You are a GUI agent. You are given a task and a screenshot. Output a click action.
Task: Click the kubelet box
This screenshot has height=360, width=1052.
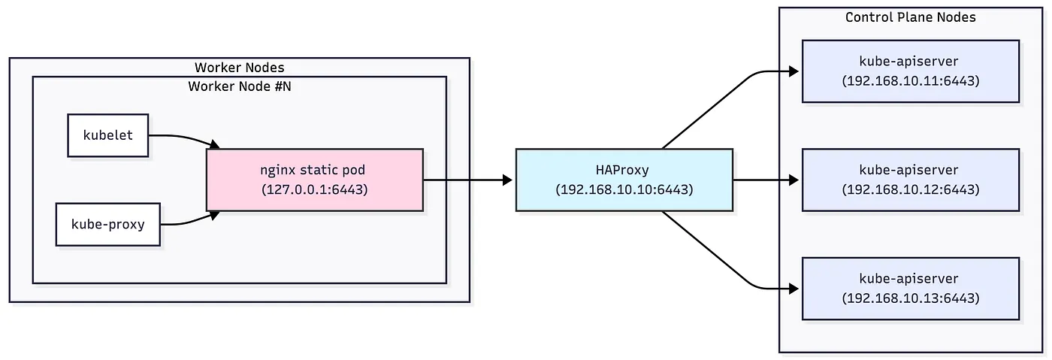(108, 136)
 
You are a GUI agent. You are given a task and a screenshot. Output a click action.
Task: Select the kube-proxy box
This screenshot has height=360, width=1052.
(108, 224)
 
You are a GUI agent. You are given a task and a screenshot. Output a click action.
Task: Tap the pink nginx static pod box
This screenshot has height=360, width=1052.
(315, 180)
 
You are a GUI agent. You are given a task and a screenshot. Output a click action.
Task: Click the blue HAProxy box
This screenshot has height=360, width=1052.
(624, 180)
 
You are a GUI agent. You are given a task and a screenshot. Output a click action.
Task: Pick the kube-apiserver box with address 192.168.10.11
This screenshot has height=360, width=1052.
(911, 71)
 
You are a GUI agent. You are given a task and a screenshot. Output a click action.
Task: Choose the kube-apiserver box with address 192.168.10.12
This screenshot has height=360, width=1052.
(911, 180)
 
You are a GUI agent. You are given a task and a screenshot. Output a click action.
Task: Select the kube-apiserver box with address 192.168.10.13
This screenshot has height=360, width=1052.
(911, 288)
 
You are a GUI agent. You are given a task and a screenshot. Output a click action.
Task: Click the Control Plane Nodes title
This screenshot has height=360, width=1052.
(911, 17)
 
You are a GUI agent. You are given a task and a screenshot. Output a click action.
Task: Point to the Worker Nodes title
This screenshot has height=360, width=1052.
(239, 68)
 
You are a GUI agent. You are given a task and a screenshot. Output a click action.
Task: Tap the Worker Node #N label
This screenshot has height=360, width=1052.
(239, 86)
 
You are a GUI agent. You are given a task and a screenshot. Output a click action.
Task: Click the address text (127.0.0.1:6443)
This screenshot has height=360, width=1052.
(315, 189)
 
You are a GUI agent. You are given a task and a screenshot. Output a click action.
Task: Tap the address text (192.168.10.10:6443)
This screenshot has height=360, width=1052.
(624, 189)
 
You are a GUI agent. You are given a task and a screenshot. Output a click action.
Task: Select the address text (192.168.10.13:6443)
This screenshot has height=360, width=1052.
(911, 298)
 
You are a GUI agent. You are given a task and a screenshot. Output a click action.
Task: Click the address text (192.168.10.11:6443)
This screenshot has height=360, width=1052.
(911, 80)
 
